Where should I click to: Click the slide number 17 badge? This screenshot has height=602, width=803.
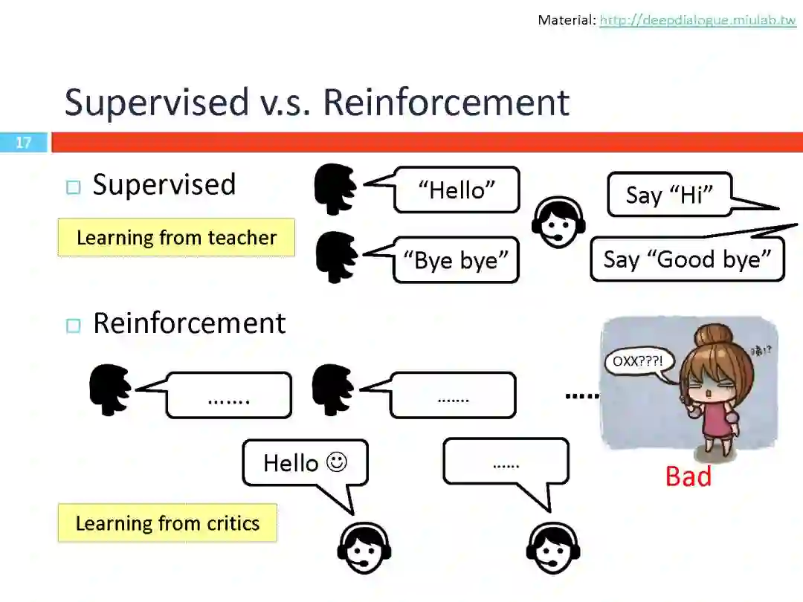24,142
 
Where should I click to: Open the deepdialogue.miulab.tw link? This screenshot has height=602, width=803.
697,20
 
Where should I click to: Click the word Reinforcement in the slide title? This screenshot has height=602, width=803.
446,103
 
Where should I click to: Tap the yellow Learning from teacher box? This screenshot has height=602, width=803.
176,238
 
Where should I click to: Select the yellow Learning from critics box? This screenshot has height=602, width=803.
167,523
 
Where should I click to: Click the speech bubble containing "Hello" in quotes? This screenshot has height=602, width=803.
457,190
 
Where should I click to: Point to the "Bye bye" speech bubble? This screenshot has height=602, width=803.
456,259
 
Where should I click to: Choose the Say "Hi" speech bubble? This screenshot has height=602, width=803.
669,195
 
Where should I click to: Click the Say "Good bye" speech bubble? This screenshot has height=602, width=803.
687,259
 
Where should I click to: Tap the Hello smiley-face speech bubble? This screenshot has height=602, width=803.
305,463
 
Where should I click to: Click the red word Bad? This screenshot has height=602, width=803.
688,476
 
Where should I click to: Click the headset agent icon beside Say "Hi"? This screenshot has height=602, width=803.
558,221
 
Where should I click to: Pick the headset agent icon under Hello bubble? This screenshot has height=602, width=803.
364,550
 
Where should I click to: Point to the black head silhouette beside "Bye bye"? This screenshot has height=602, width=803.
336,257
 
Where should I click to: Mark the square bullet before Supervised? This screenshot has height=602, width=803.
72,187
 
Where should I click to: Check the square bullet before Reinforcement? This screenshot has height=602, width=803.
72,325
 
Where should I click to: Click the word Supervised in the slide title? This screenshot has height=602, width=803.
156,103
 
